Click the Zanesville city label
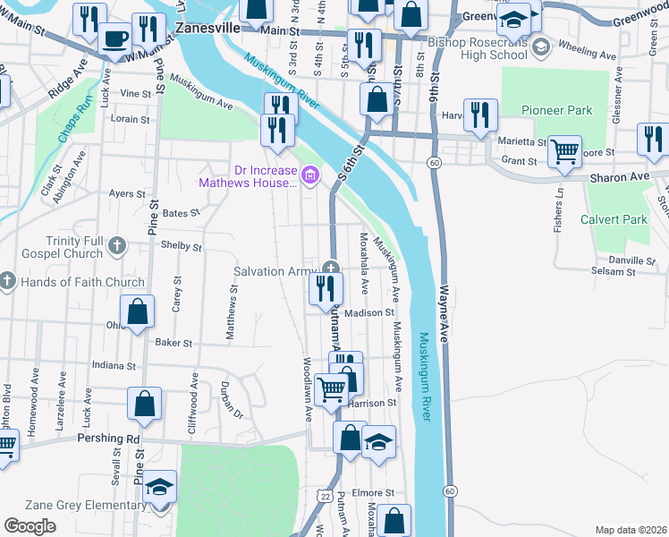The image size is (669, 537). pos(207,28)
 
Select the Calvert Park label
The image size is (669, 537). pos(614,218)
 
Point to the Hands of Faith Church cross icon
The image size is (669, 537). pos(7,282)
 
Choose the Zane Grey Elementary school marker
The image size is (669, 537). pos(161,488)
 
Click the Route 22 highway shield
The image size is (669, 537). pos(325,495)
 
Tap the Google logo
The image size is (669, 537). pos(30,526)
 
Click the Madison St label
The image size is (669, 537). pos(368,312)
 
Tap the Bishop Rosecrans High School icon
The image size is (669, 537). pos(539,46)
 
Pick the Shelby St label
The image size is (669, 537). pos(182,246)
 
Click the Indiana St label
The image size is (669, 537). pos(114,365)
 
